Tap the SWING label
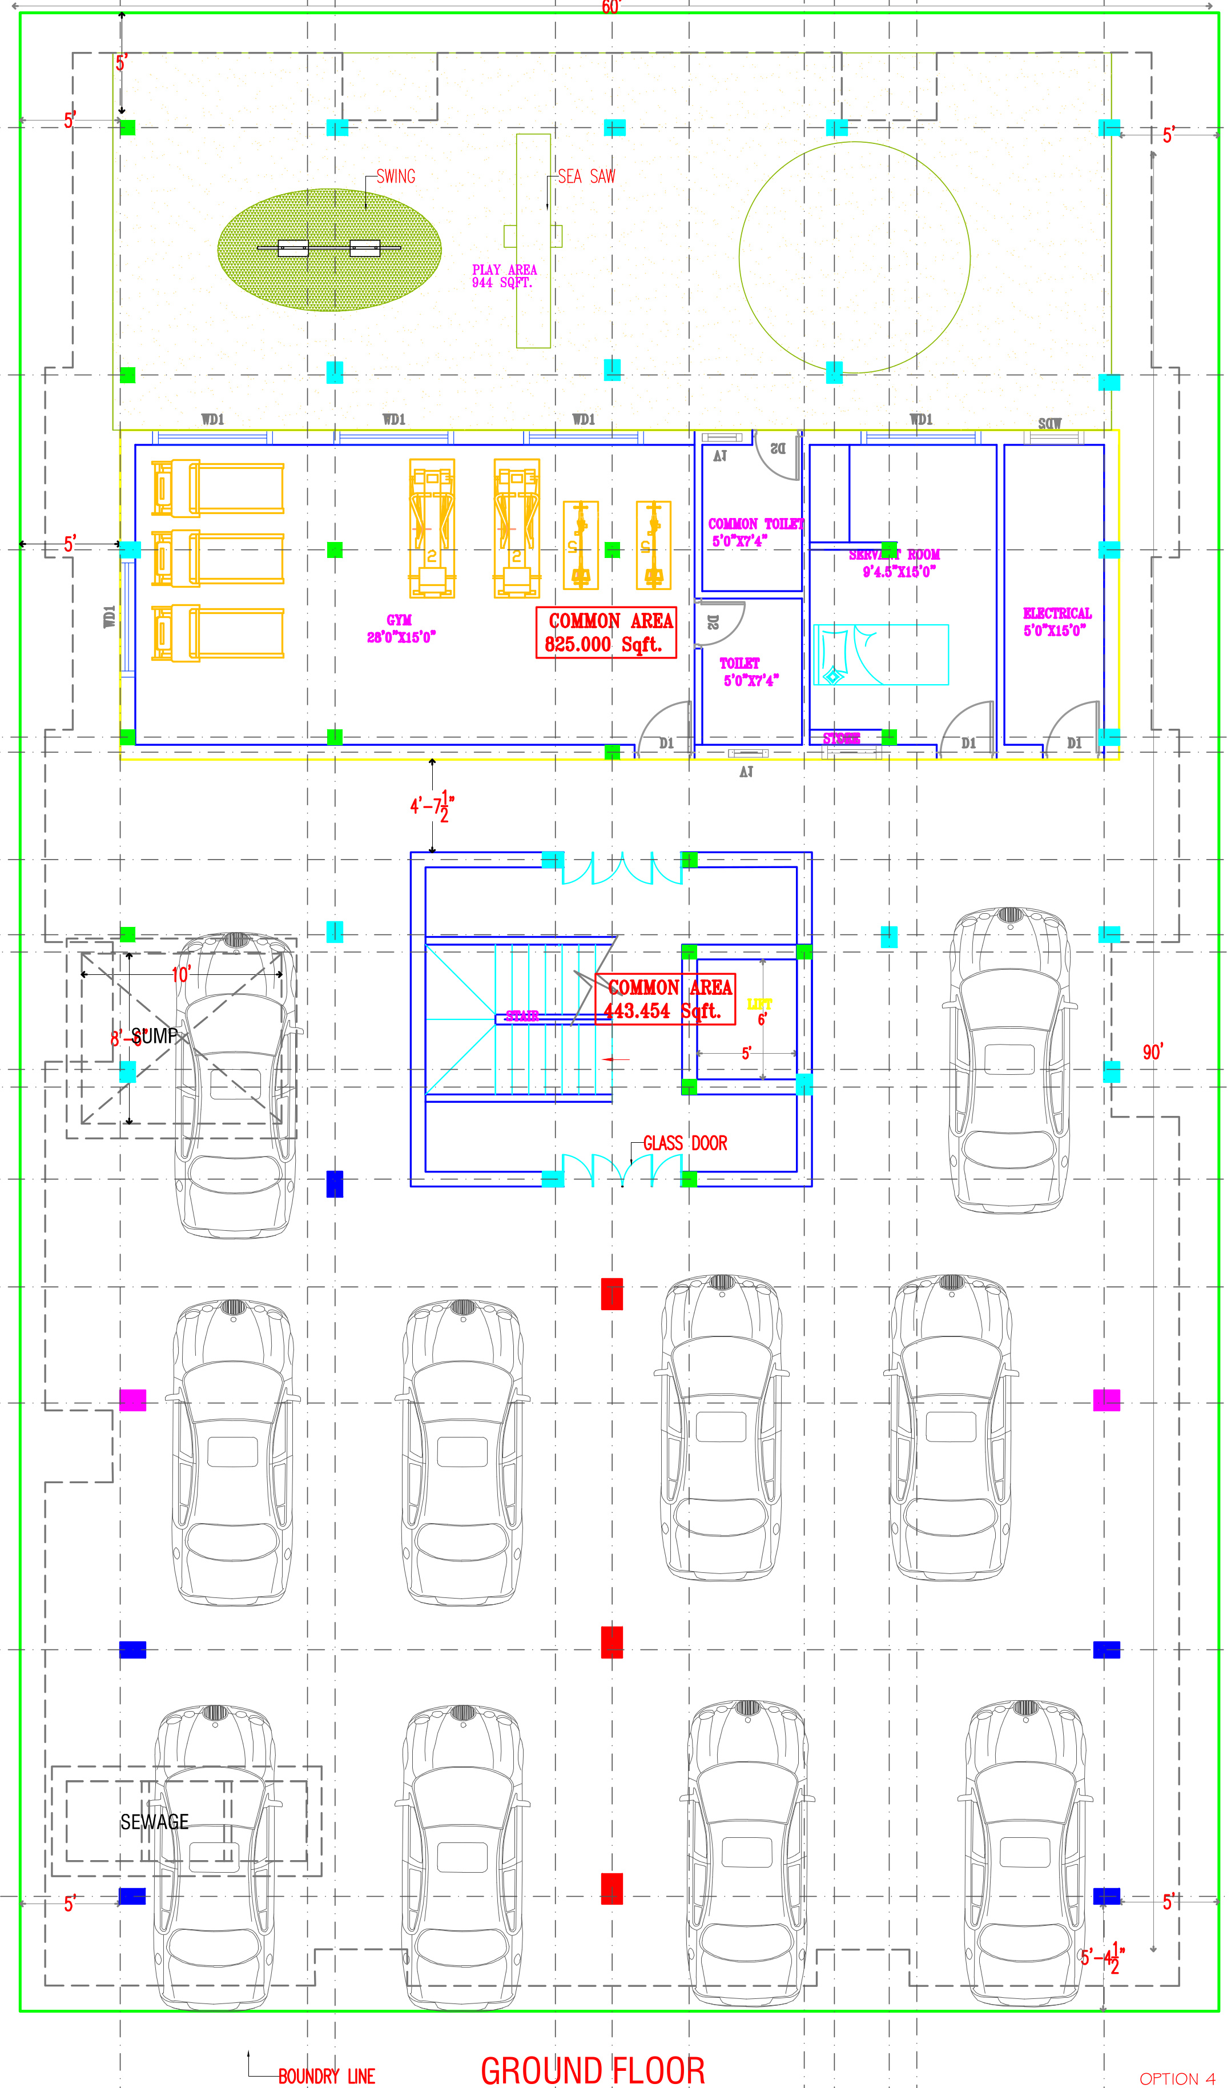pos(396,176)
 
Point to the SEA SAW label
pos(586,176)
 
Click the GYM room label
pos(401,629)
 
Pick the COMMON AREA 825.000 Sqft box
pos(606,633)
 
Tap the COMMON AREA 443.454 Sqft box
pos(665,999)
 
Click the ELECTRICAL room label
pos(1057,621)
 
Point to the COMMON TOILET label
pos(754,532)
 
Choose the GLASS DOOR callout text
pos(685,1143)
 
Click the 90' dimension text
pos(1152,1052)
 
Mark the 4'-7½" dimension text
pos(431,805)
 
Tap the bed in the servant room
pos(881,654)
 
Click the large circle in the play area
pos(854,257)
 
